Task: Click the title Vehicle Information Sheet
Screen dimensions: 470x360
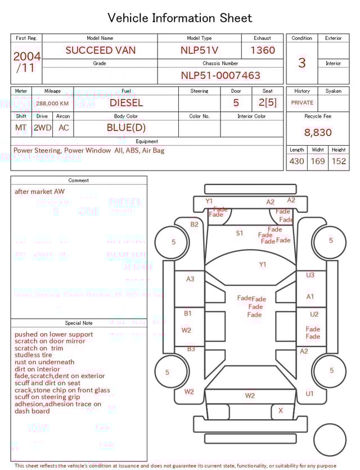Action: click(x=180, y=18)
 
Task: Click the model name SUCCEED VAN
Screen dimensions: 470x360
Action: click(x=100, y=50)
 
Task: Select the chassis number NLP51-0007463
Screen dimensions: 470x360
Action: click(x=220, y=75)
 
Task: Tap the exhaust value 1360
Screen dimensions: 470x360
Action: click(x=263, y=50)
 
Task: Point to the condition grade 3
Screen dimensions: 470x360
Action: click(x=301, y=63)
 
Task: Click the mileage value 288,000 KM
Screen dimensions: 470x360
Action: click(x=52, y=104)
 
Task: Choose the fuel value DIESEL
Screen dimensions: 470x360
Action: click(x=126, y=103)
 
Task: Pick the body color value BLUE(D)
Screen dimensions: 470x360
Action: click(x=126, y=128)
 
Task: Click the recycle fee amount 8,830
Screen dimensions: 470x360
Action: click(x=318, y=133)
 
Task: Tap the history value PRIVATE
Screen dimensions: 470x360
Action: click(x=302, y=103)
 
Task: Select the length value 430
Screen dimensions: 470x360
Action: click(x=296, y=162)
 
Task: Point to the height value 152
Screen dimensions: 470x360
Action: click(x=339, y=162)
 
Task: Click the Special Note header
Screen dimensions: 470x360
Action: click(x=79, y=323)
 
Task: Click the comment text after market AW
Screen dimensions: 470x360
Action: click(x=39, y=191)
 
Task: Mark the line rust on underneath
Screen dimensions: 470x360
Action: click(x=44, y=362)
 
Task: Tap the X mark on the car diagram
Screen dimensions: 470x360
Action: click(x=281, y=411)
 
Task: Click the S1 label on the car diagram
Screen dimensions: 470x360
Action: click(x=240, y=233)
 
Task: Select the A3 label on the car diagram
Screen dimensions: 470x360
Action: click(x=190, y=279)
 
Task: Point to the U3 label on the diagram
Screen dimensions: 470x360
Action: click(x=310, y=275)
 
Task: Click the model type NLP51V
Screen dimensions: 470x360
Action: click(x=199, y=50)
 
